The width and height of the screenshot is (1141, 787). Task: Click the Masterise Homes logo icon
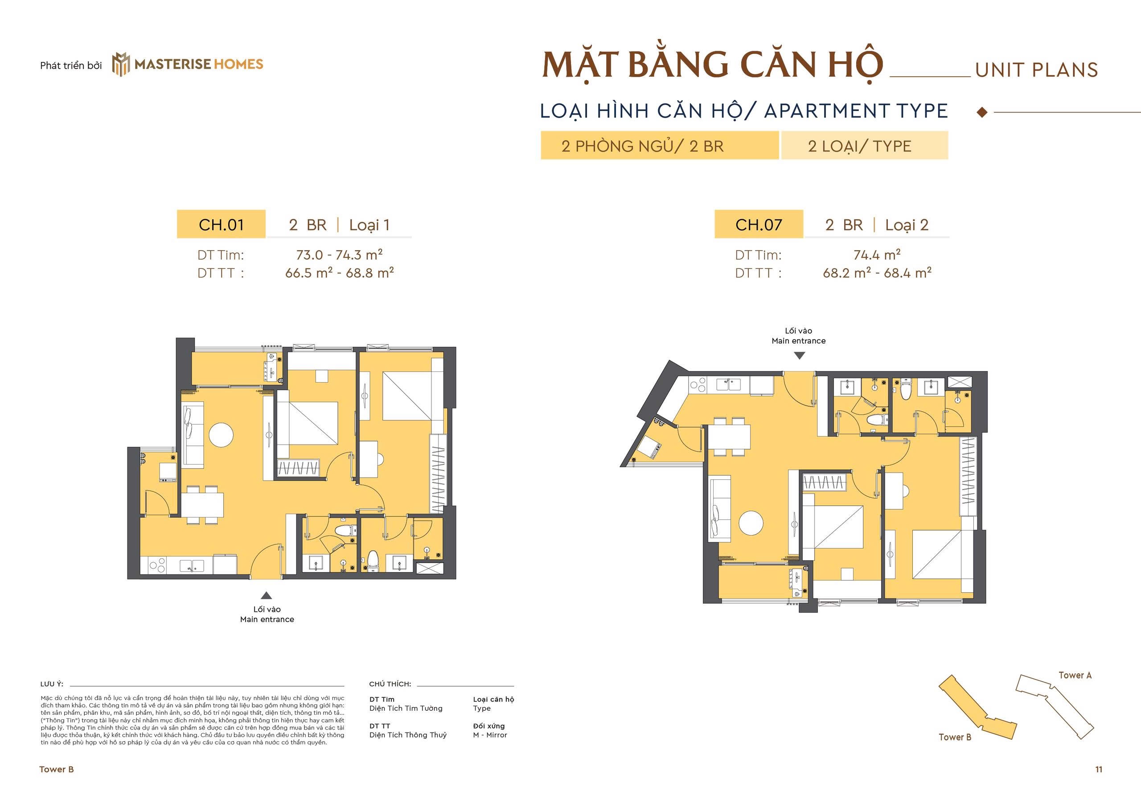point(121,65)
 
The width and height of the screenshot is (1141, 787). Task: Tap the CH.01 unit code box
point(221,225)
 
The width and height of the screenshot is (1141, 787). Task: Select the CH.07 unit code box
point(759,225)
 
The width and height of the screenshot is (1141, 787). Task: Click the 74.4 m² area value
point(877,255)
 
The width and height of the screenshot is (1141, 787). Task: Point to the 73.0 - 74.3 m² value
point(339,255)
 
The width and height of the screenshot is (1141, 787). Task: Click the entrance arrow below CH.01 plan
point(266,595)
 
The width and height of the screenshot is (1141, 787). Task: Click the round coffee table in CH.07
point(751,523)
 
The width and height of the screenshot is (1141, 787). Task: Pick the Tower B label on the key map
point(955,737)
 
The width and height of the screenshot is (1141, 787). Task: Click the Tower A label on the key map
point(1075,675)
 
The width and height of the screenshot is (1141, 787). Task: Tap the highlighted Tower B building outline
point(973,714)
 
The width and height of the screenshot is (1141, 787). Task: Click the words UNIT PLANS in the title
point(1037,70)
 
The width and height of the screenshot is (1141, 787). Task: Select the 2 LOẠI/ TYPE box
point(864,146)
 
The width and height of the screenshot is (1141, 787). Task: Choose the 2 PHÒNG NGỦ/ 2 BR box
point(660,146)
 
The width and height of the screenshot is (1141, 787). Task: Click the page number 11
point(1099,769)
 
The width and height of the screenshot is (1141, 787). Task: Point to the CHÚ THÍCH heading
point(390,684)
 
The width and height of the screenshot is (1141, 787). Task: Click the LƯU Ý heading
point(52,684)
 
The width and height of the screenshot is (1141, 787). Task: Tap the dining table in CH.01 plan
point(202,504)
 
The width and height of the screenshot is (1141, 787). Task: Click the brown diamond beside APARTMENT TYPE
point(982,112)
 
